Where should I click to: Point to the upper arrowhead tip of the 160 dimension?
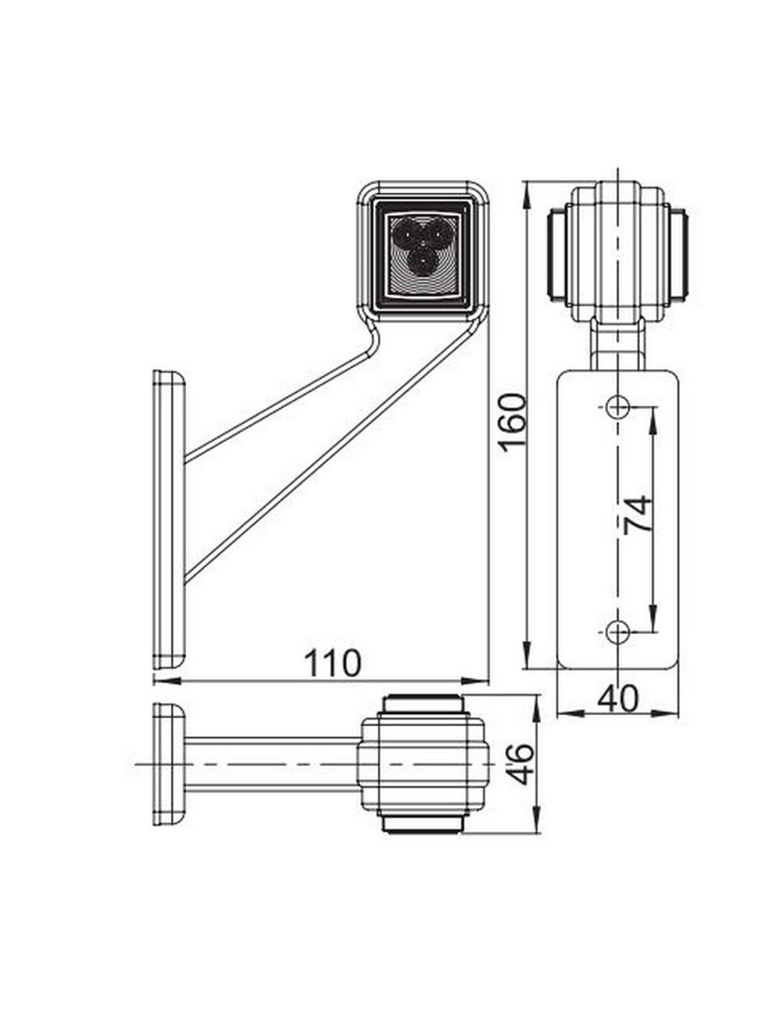527,182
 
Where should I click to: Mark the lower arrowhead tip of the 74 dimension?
653,632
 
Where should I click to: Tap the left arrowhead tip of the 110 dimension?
154,681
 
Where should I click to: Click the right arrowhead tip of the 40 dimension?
679,726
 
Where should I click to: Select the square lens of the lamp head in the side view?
423,254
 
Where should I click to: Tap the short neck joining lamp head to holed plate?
618,344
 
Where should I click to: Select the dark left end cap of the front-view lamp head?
557,256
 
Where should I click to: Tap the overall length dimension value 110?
333,663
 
